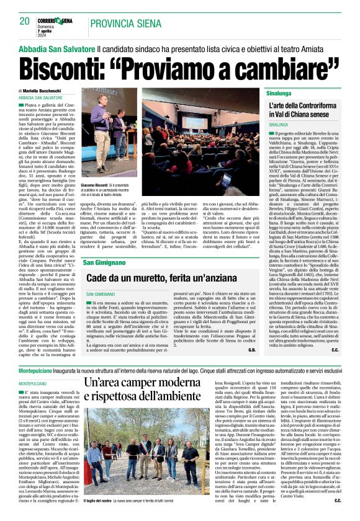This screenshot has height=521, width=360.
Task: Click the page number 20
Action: point(24,21)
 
